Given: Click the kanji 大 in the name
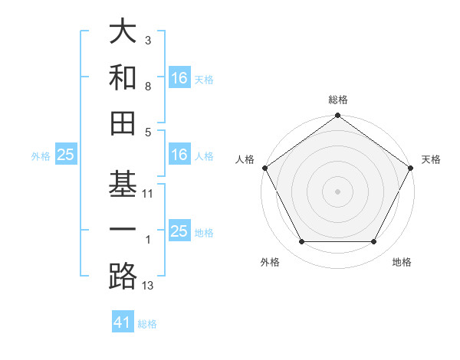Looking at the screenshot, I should click(x=123, y=32).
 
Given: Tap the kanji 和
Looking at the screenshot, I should click(x=123, y=77).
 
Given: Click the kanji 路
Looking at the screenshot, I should click(x=123, y=277).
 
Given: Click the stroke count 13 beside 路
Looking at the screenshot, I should click(x=148, y=286).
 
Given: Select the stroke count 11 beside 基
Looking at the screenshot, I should click(x=148, y=194).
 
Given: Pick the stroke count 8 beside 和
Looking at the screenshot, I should click(x=148, y=87).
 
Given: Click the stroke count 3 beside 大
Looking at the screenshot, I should click(x=148, y=41).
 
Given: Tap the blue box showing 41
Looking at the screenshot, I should click(x=123, y=322).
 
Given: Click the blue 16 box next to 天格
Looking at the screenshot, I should click(x=179, y=78).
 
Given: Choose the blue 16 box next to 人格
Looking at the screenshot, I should click(x=179, y=155).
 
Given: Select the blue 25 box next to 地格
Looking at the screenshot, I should click(x=179, y=231).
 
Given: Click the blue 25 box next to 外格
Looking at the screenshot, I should click(x=65, y=155).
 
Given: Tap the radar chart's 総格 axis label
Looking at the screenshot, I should click(x=338, y=100).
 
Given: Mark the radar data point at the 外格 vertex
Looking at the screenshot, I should click(x=301, y=242).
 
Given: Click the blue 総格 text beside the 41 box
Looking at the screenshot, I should click(x=147, y=323).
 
